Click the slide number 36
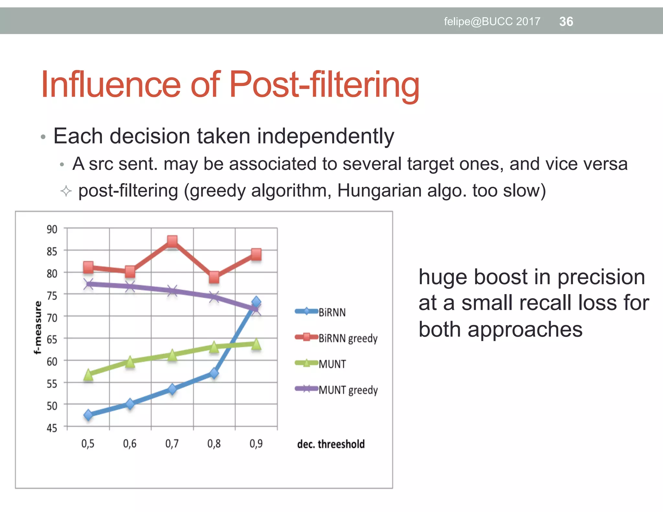[566, 22]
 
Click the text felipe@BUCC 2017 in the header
[492, 22]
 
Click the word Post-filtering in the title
[324, 85]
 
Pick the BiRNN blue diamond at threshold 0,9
[256, 302]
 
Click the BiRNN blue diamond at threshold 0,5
[88, 415]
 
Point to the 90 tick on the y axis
[52, 229]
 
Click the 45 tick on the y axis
[52, 428]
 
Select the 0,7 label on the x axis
[172, 443]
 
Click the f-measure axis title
[38, 328]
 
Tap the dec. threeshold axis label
[331, 444]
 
